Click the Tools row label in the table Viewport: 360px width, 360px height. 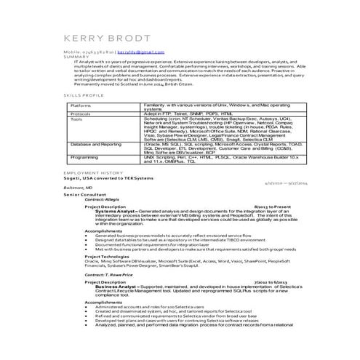[x=76, y=119]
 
